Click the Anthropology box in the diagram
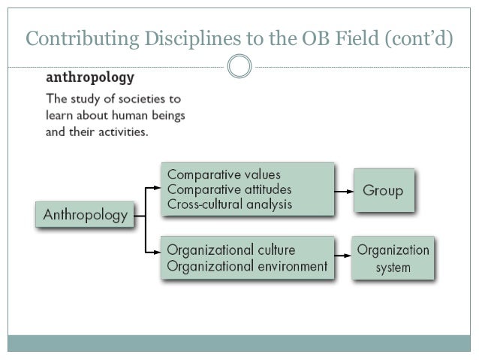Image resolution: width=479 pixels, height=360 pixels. coord(85,216)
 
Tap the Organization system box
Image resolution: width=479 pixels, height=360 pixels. coord(393,258)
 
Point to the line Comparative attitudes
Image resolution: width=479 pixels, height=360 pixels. coord(229,189)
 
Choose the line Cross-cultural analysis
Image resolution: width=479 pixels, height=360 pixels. coord(230,204)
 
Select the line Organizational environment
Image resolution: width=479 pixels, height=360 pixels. coord(247,265)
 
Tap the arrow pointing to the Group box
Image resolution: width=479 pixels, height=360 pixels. coord(343,191)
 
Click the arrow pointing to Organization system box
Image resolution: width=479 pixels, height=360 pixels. coord(343,259)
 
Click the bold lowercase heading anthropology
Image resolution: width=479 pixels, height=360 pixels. coord(90,77)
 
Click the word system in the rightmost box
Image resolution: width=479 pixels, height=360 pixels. coord(393,268)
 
